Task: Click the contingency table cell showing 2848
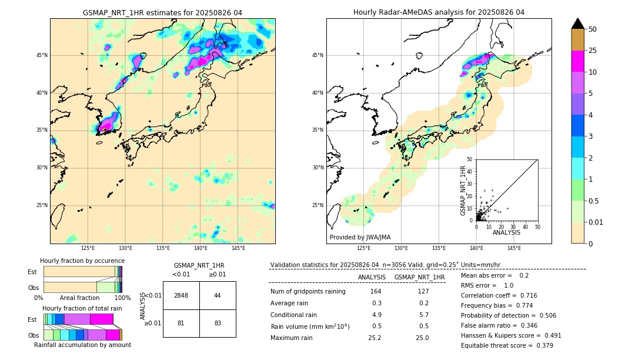coord(181,295)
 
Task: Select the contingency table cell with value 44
coord(218,295)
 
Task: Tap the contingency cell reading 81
coord(181,323)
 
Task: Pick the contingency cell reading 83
coord(218,323)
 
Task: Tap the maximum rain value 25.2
coord(375,338)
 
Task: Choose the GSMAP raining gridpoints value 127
coord(423,291)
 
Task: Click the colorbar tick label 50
coord(593,29)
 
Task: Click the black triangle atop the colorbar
coord(578,24)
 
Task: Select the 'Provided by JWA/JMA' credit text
coord(360,238)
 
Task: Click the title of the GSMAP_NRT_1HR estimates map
coord(162,12)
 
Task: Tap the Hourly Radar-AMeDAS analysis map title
coord(439,12)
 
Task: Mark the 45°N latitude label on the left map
coord(42,55)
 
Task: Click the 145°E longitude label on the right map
coord(514,248)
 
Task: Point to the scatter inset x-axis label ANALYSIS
coord(506,232)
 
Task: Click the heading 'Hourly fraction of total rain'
coord(82,308)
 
